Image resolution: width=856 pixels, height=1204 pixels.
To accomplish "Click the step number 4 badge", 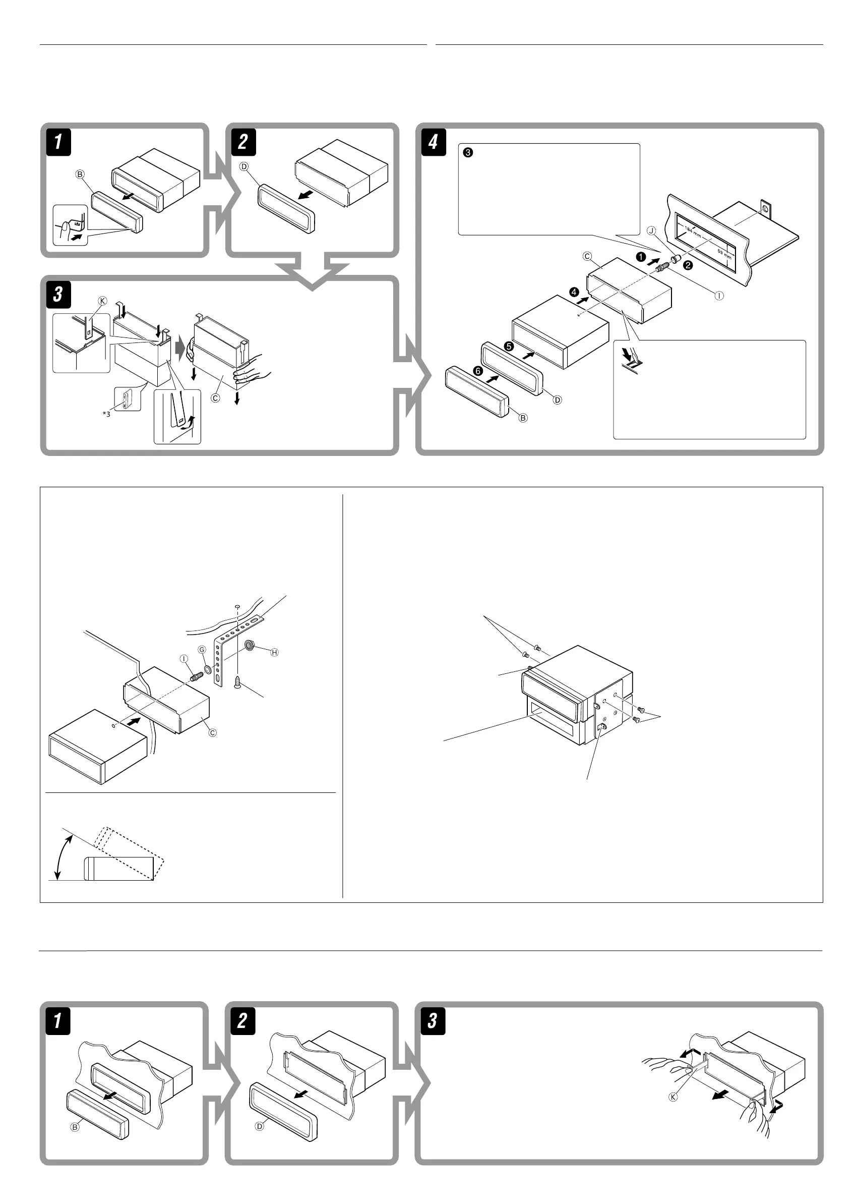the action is tap(433, 142).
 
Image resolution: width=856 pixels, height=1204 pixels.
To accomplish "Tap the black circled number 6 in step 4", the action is tap(478, 371).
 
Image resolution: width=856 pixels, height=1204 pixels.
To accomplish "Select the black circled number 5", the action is tap(509, 347).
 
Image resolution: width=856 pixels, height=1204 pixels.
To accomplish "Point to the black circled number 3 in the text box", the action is tap(467, 153).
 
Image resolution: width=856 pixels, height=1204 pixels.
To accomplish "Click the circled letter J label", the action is tap(651, 231).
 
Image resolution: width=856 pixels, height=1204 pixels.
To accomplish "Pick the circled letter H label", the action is tap(274, 652).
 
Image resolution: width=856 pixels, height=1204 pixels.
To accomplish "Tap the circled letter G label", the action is tap(202, 650).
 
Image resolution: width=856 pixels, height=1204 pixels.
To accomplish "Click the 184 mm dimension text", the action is tap(693, 231).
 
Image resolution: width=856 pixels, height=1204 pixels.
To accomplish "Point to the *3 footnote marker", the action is tap(106, 414).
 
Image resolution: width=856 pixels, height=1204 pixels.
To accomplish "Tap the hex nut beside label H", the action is tap(251, 644).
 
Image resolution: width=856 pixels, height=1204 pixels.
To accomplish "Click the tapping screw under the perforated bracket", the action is tap(238, 682).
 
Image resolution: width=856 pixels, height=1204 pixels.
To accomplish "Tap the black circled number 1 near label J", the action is tap(640, 257).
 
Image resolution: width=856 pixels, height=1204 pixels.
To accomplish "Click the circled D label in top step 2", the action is tap(243, 166).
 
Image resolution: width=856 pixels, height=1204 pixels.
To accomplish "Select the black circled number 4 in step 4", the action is tap(574, 292).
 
